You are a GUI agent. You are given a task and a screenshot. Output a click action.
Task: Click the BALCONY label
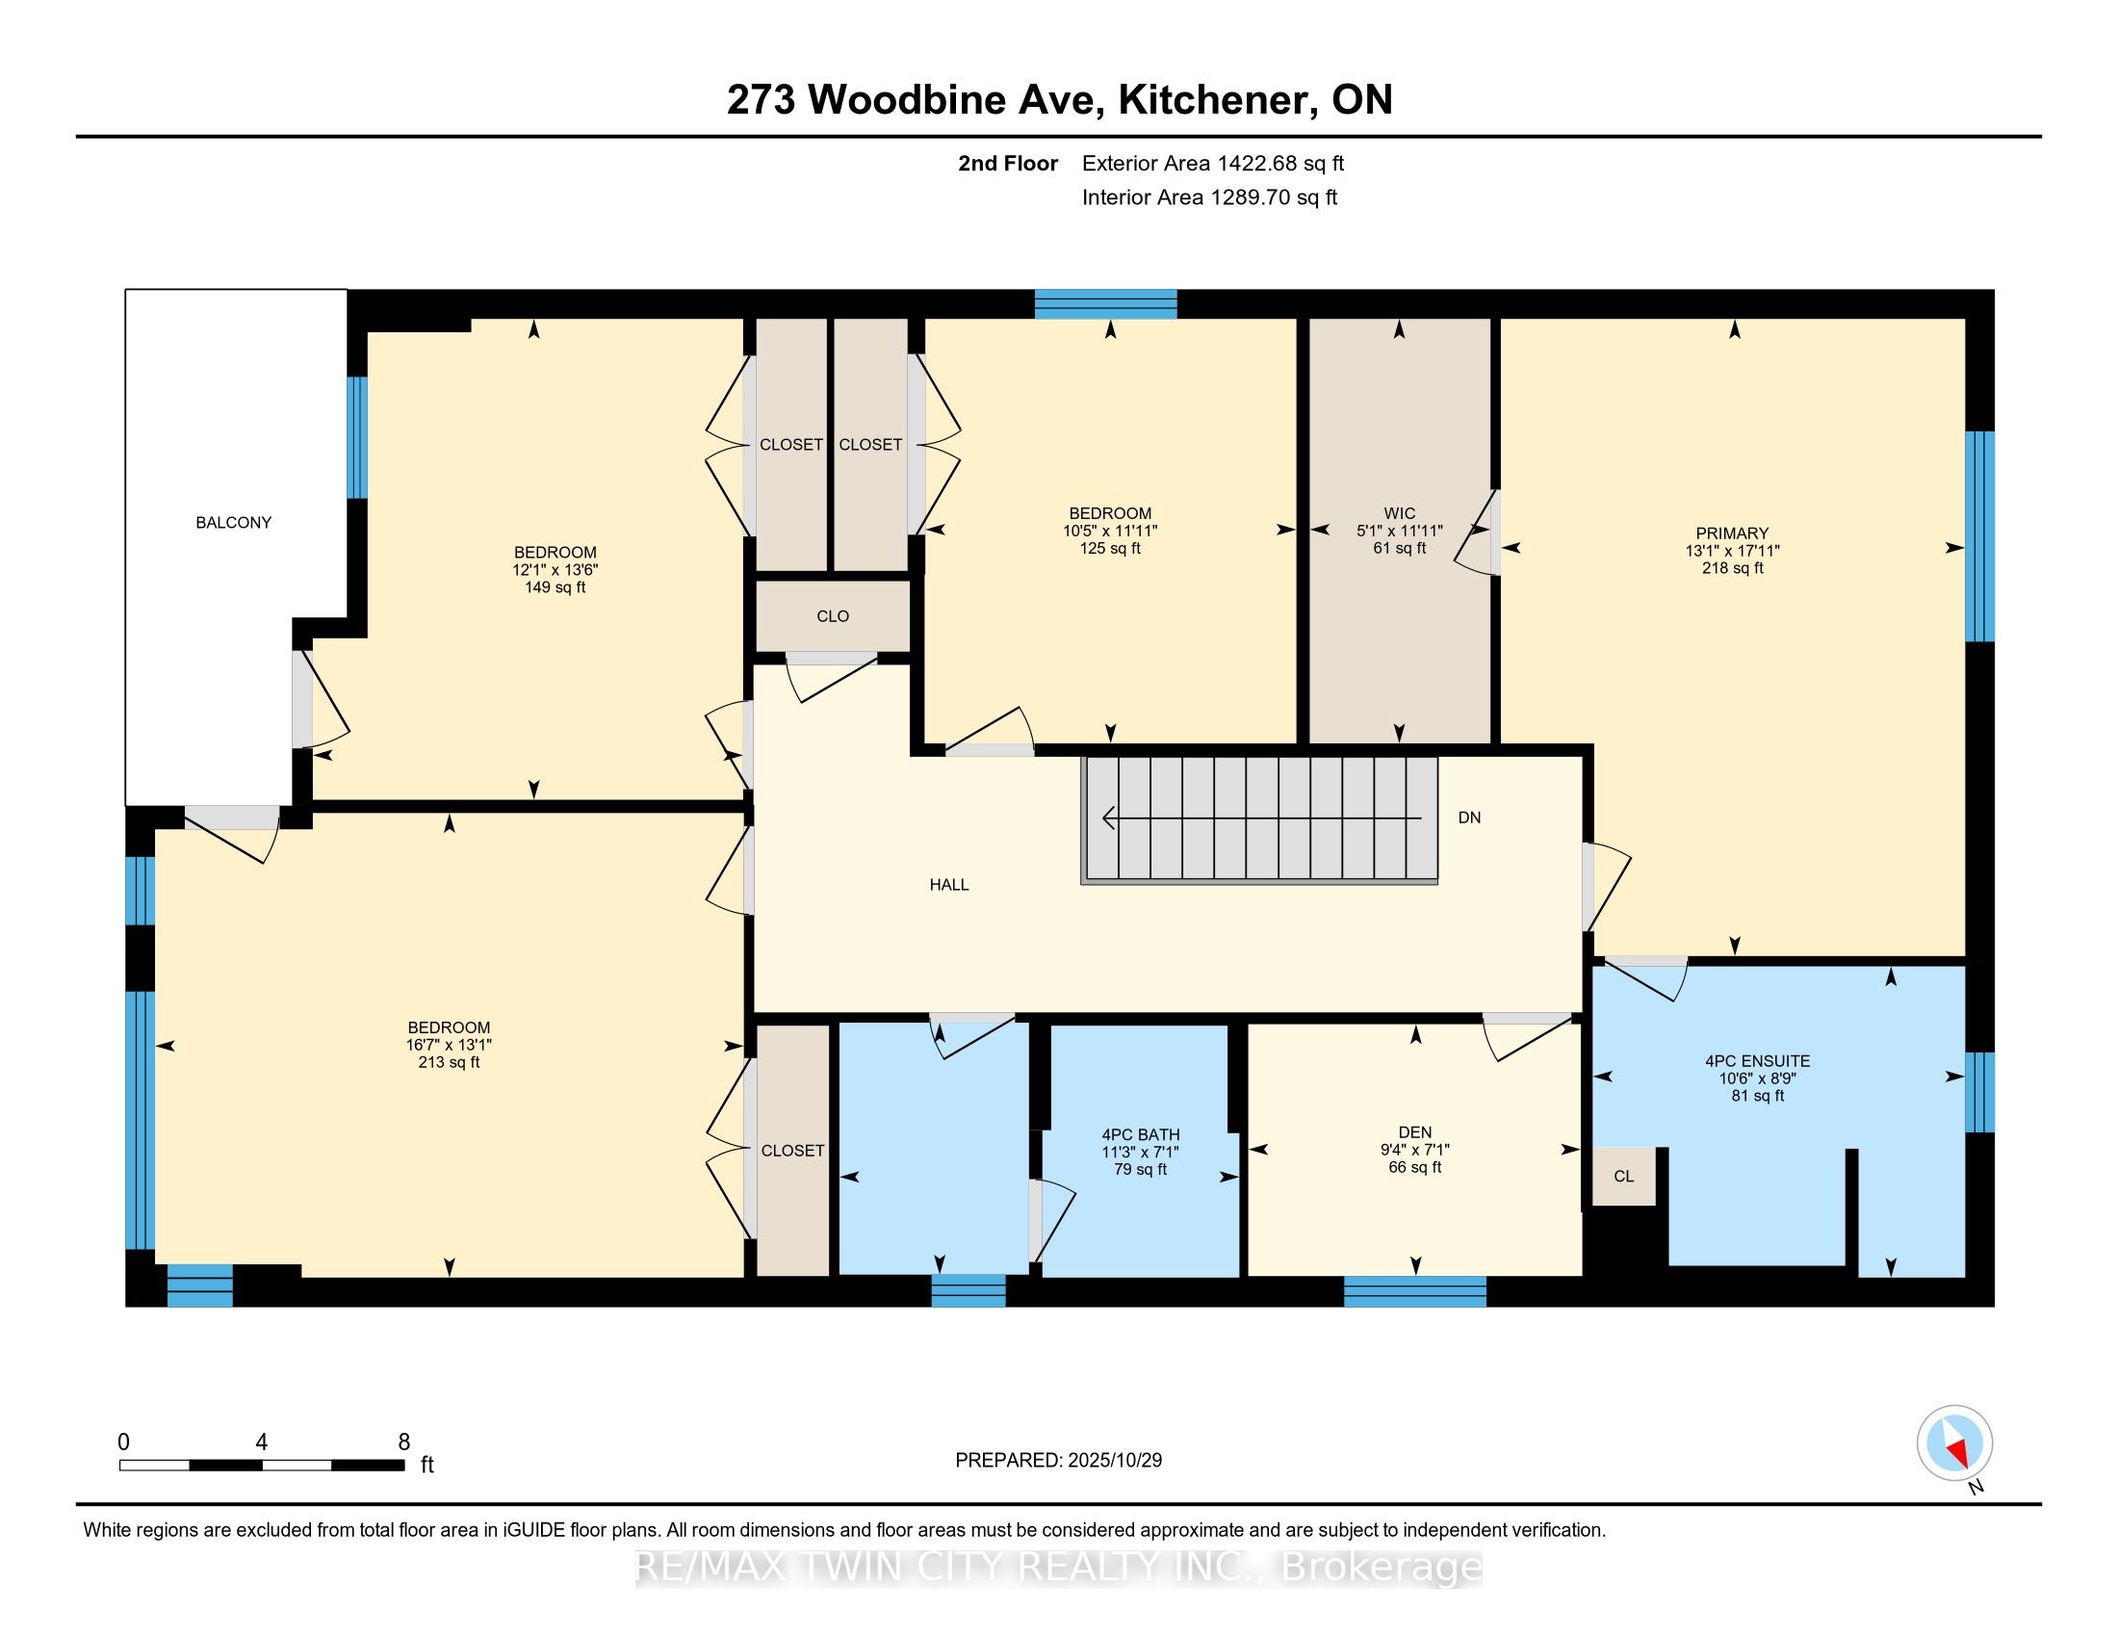[233, 523]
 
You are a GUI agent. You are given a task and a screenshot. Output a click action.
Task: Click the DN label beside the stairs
[1468, 818]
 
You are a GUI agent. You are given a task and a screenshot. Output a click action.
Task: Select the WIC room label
[1399, 513]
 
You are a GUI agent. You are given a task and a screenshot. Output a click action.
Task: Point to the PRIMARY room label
[1731, 533]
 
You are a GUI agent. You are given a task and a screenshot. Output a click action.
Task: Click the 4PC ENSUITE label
[1757, 1061]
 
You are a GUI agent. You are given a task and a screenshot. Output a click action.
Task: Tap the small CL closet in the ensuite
[1622, 1177]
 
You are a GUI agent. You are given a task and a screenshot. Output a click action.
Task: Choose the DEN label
[1414, 1131]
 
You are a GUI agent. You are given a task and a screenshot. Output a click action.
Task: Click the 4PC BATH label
[1140, 1133]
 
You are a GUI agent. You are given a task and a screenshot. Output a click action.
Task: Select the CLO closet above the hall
[832, 616]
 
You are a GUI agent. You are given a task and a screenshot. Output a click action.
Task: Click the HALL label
[948, 884]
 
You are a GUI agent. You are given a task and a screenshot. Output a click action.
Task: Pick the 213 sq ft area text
[448, 1062]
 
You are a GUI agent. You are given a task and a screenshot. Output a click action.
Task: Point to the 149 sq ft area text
[555, 586]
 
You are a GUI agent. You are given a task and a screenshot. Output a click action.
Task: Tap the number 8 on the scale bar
[403, 1442]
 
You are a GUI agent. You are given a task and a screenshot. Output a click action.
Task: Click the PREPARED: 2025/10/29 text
[1058, 1460]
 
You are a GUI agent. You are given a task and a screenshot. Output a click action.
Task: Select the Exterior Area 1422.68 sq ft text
[1212, 163]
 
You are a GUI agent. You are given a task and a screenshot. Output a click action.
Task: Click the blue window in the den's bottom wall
[1414, 1290]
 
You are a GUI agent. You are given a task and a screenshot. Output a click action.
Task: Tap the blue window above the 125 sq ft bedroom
[1104, 303]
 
